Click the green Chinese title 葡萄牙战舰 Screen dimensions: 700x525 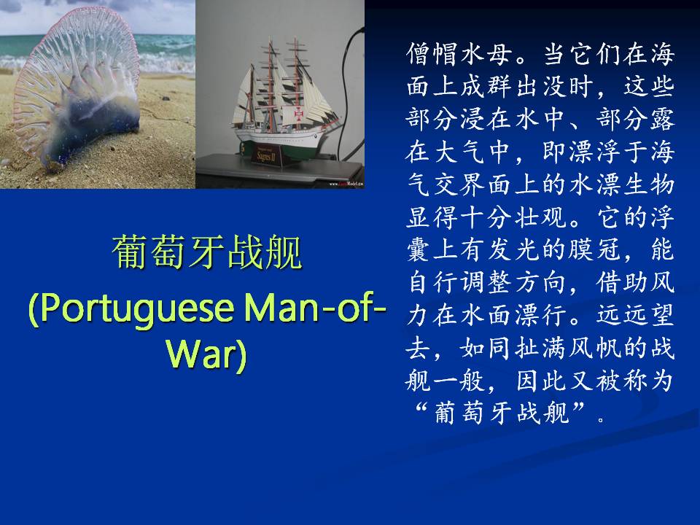click(206, 253)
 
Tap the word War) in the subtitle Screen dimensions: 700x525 click(206, 355)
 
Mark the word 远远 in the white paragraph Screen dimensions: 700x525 click(621, 315)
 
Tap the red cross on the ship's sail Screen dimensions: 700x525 click(299, 115)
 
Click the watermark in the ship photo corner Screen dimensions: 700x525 click(346, 184)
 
